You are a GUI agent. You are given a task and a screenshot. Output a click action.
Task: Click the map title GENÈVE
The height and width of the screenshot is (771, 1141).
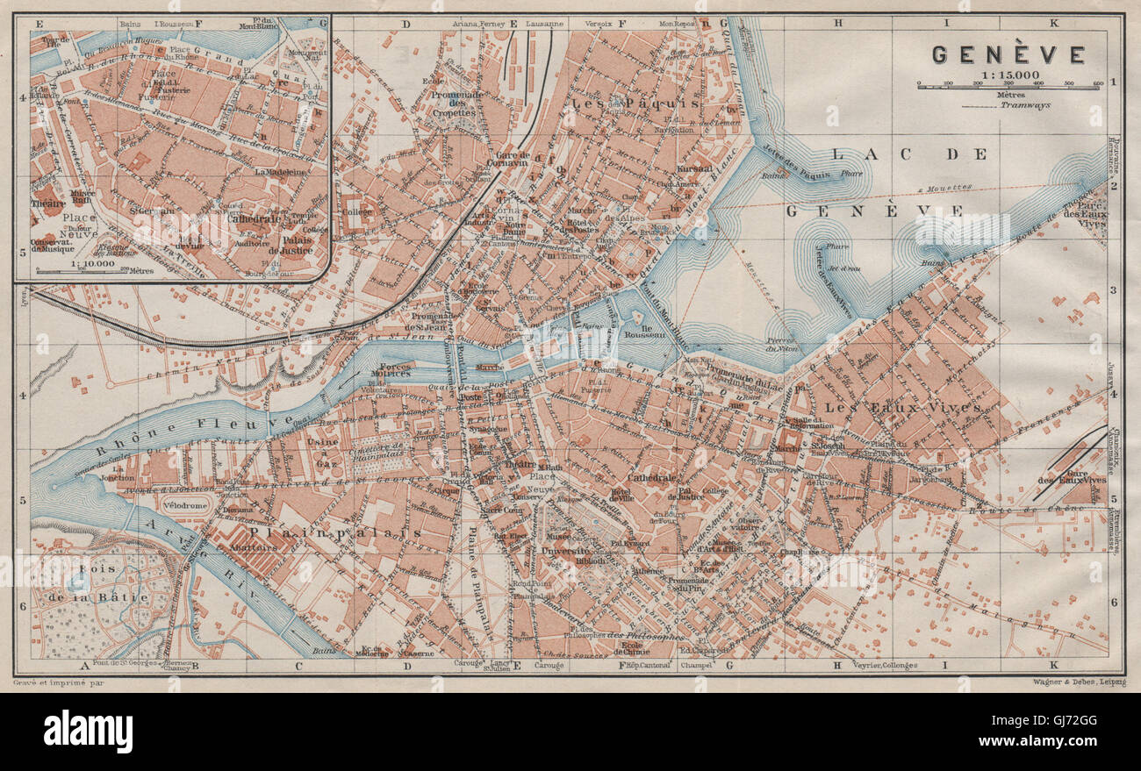pos(1008,55)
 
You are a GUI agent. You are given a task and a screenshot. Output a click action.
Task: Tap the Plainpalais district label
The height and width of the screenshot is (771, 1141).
pos(347,532)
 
